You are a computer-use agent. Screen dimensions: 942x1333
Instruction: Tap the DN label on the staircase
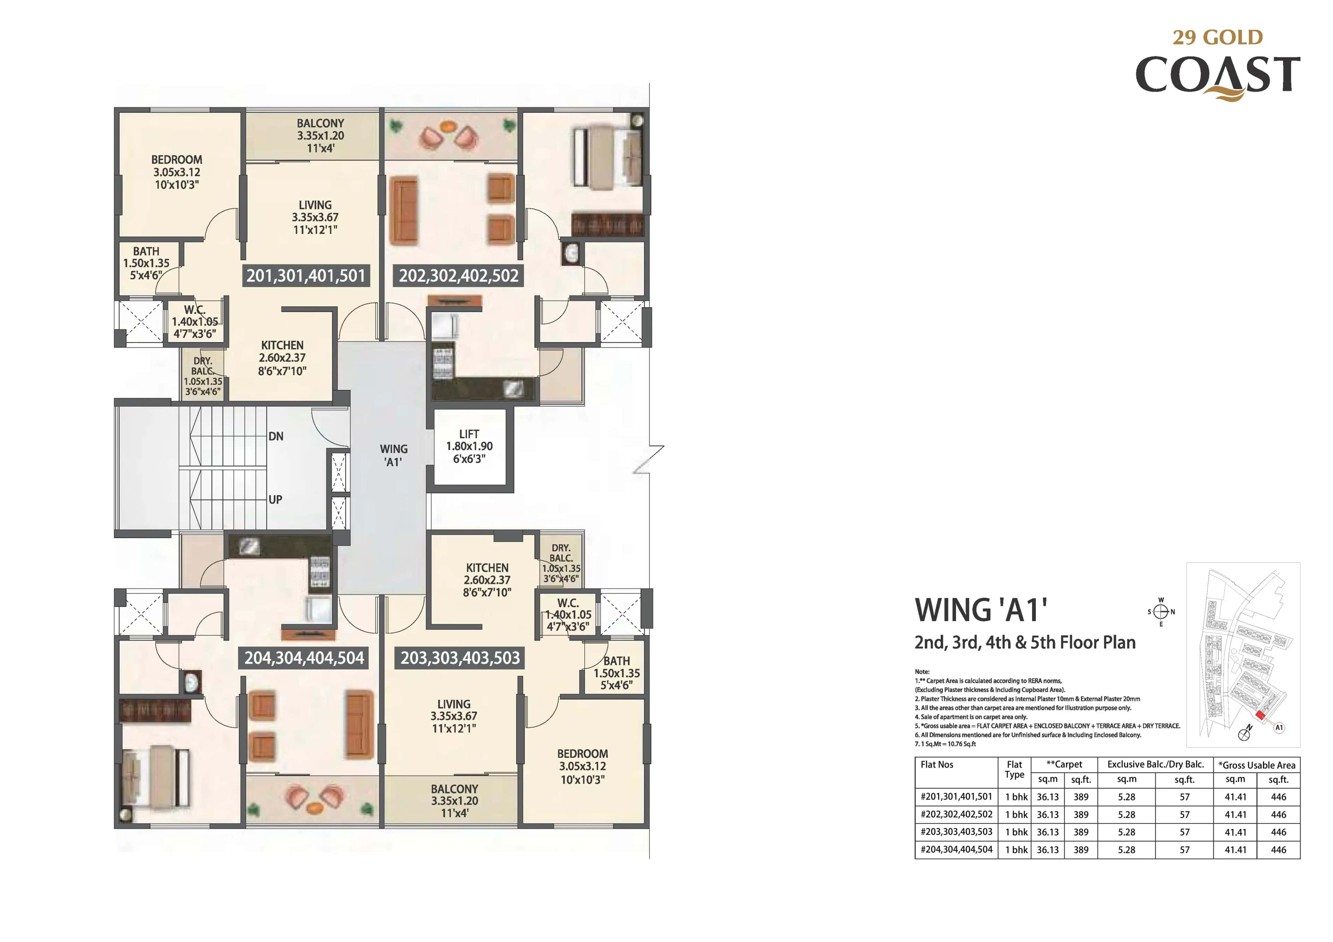[276, 436]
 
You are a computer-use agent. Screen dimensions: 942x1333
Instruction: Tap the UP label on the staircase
[275, 499]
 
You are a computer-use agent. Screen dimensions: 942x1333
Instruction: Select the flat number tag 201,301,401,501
[305, 276]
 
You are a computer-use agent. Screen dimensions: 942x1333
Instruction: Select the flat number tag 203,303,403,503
[460, 658]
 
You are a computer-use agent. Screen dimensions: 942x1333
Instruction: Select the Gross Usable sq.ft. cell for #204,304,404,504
[1278, 850]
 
